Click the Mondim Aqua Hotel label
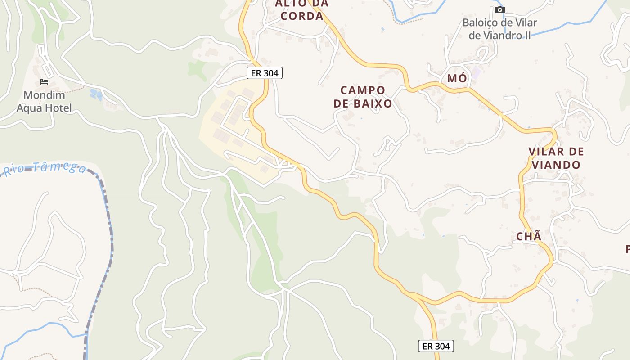(44, 101)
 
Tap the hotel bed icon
(44, 82)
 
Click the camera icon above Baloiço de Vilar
(499, 9)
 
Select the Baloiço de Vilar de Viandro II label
(499, 29)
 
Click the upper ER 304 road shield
(265, 73)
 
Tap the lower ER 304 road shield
(436, 346)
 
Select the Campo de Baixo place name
(363, 97)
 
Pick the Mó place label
(457, 79)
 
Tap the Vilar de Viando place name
(556, 158)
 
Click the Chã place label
(529, 237)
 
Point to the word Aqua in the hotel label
(31, 108)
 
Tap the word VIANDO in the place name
(556, 165)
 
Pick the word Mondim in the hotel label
(44, 95)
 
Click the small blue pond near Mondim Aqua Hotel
(96, 94)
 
